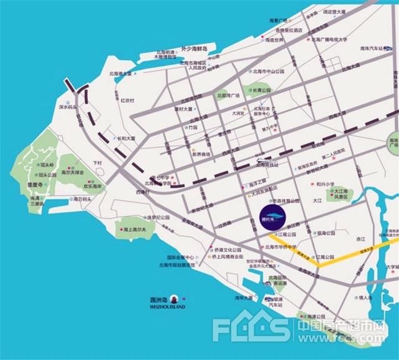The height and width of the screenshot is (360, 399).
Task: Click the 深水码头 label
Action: point(67,107)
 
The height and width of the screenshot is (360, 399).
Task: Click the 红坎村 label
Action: point(128,100)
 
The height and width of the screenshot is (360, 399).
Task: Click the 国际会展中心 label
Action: point(181,257)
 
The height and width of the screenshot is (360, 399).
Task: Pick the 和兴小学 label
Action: point(327,185)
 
